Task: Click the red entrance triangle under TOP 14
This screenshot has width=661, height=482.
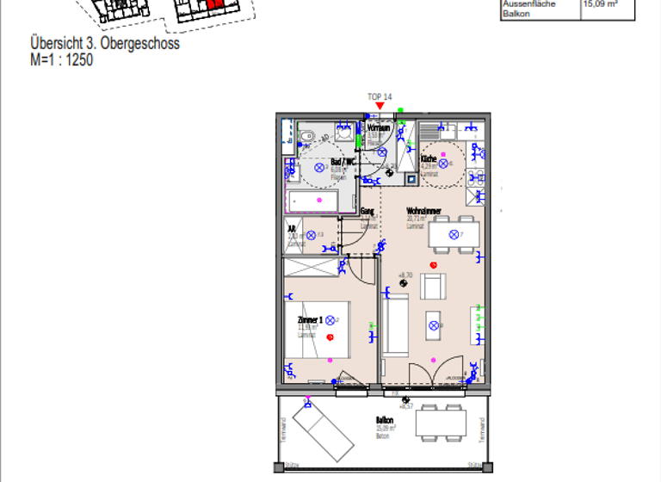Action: (380, 106)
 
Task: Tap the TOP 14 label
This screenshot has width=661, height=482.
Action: (380, 96)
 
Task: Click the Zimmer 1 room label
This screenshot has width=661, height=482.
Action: (310, 319)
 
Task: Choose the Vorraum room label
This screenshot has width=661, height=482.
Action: (380, 127)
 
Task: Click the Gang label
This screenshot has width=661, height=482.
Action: (367, 211)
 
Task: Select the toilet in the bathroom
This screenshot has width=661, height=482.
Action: (307, 135)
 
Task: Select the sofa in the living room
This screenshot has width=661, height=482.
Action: (396, 326)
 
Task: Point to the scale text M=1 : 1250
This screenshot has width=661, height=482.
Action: (61, 60)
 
